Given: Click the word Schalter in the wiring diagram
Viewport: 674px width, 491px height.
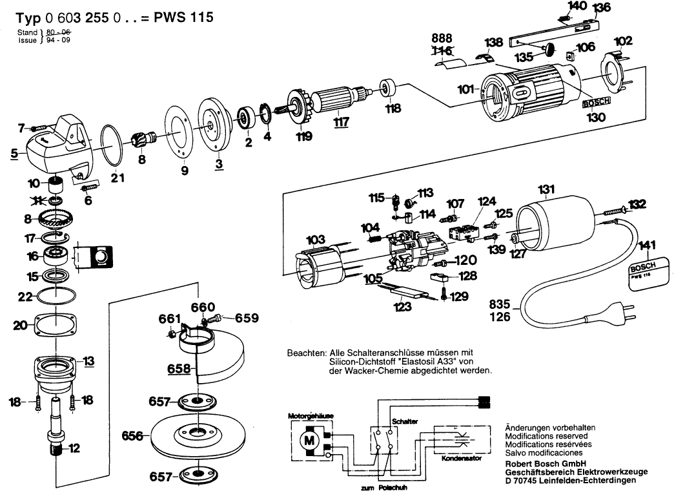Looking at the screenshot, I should [x=404, y=421].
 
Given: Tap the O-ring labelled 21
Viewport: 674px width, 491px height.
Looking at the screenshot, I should [x=114, y=145].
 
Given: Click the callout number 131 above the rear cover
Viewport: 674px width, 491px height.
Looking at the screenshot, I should [x=546, y=189].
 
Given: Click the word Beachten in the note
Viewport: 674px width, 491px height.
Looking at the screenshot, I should [x=306, y=353].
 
